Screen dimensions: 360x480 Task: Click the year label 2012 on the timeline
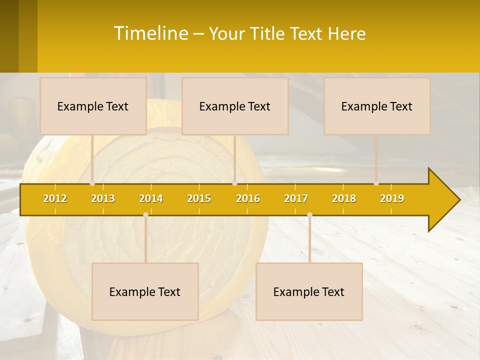55,198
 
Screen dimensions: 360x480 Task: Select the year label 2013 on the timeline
103,198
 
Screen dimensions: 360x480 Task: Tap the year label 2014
151,198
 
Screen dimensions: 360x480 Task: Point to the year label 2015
199,198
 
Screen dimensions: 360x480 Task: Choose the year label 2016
248,198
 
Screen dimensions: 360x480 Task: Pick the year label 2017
296,198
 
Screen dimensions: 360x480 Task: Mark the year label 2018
344,198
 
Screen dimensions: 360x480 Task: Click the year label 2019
392,198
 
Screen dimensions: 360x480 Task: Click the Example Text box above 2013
93,106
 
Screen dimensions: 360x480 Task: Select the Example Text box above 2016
235,106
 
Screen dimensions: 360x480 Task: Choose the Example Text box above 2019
377,106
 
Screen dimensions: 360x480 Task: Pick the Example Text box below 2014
145,291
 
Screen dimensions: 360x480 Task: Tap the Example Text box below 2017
309,291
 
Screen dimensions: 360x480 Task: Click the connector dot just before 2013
92,183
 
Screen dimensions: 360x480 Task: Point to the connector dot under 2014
145,214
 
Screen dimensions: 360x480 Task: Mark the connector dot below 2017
309,214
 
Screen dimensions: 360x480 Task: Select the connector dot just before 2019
376,183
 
